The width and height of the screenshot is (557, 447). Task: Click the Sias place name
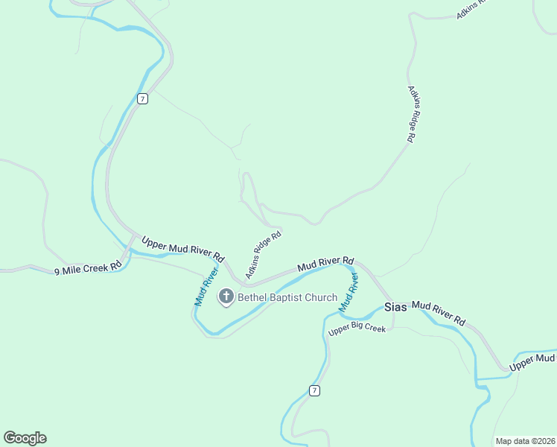[395, 307]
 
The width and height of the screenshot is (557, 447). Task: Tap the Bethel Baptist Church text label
[287, 298]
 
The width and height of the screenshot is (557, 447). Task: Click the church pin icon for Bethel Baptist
[226, 297]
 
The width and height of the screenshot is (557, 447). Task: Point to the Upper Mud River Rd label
[182, 248]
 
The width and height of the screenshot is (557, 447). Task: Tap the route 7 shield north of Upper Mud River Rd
[143, 98]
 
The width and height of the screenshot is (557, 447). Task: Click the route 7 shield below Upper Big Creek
[315, 390]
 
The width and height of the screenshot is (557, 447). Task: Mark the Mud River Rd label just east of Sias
[439, 313]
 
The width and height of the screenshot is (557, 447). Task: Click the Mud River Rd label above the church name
[325, 264]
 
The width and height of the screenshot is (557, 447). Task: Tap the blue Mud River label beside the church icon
[206, 286]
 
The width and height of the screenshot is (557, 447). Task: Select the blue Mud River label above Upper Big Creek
[349, 292]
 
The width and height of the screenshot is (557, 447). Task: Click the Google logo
[25, 438]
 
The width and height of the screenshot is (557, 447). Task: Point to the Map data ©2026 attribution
[524, 441]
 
